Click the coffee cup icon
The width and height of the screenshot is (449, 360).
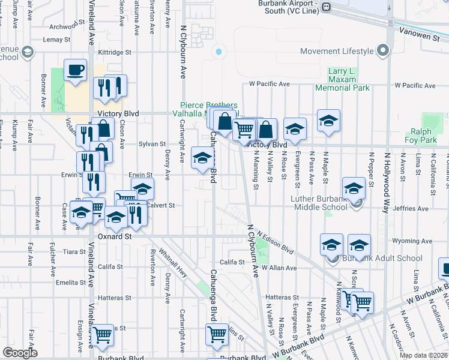click(75, 70)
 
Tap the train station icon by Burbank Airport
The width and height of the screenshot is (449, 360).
click(326, 7)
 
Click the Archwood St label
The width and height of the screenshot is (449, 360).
click(64, 26)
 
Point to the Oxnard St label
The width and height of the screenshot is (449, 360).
click(114, 237)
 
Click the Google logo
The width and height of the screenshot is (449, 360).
click(20, 353)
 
